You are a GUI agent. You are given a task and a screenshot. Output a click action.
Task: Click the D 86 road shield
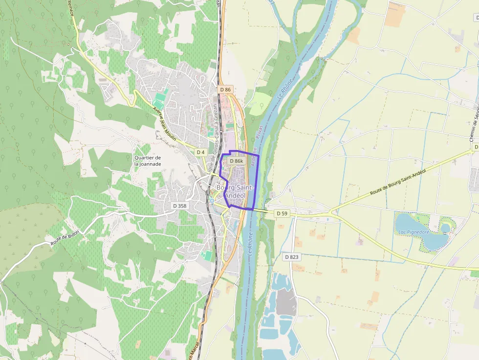point(225,89)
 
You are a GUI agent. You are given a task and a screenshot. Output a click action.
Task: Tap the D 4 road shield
point(200,152)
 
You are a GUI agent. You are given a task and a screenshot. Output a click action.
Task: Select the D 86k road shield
point(236,161)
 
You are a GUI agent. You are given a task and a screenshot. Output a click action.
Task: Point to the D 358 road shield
point(180,206)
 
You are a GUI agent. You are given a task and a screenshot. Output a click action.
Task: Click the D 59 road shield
point(282,213)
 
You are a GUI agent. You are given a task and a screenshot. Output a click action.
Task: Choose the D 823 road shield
point(291,256)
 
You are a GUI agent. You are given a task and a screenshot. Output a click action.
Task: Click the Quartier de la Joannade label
point(148,161)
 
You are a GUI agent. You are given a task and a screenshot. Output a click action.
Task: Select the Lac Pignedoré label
point(414,232)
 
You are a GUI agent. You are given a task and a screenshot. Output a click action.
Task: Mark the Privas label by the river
point(259,134)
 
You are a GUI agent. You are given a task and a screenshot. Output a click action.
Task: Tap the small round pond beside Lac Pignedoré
point(445,228)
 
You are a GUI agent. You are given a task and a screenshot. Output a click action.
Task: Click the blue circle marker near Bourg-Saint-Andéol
point(212,201)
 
